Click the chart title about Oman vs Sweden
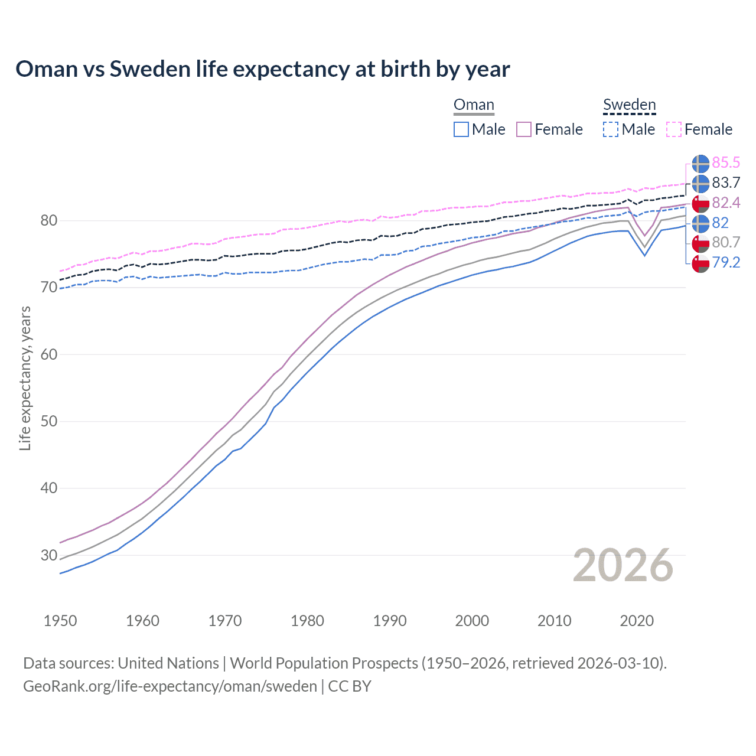click(x=263, y=69)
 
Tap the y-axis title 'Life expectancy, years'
click(x=25, y=378)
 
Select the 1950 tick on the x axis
click(x=60, y=621)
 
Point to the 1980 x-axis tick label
click(x=307, y=621)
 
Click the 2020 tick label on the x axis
click(x=637, y=621)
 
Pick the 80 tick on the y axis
click(x=49, y=221)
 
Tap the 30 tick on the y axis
click(x=49, y=555)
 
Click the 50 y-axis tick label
click(x=49, y=422)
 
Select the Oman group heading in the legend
click(x=474, y=105)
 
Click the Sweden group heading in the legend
click(x=629, y=105)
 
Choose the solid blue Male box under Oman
click(x=461, y=129)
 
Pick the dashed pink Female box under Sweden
click(x=674, y=129)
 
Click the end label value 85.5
click(x=726, y=162)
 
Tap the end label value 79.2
click(x=726, y=262)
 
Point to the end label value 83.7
click(x=726, y=183)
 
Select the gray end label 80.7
click(x=726, y=242)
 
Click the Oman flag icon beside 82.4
click(x=700, y=203)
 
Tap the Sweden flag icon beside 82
click(x=700, y=223)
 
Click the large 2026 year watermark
click(x=623, y=565)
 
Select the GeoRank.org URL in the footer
click(x=170, y=686)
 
